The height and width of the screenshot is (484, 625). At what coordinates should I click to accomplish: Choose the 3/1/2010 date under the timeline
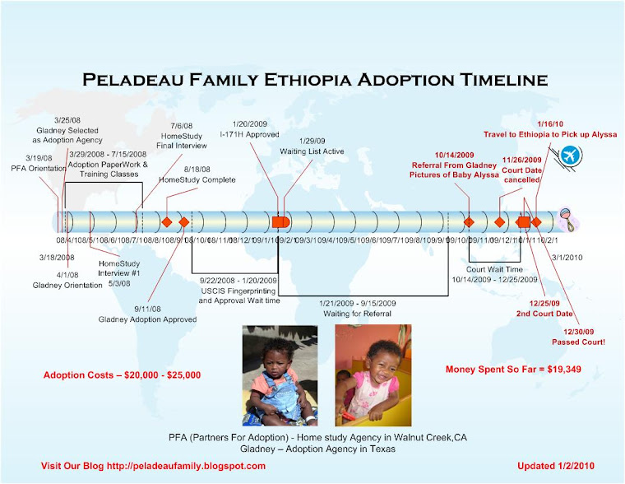(567, 258)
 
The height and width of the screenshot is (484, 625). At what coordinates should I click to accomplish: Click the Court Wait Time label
(494, 269)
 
